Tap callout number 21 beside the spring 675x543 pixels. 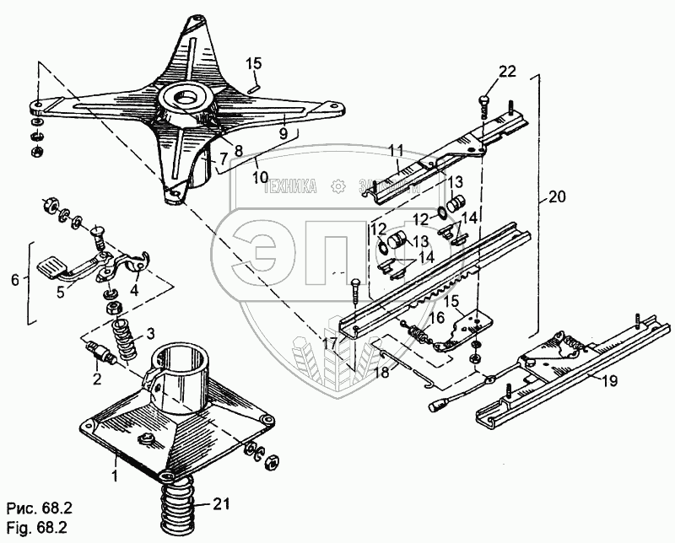point(221,505)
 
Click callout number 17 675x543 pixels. point(328,343)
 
